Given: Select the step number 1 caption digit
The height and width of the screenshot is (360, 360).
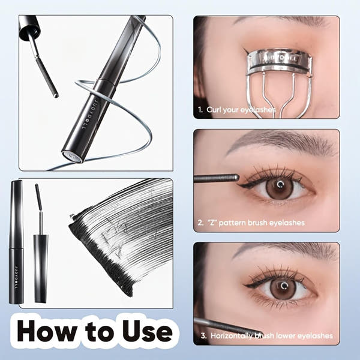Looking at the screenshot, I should tap(200, 110).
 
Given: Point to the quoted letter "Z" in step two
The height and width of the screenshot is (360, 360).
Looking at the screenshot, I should tap(211, 223).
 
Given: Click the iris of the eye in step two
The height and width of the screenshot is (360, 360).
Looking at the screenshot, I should tap(280, 187).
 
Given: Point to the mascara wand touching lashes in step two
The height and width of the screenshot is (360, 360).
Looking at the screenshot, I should tap(216, 178).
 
